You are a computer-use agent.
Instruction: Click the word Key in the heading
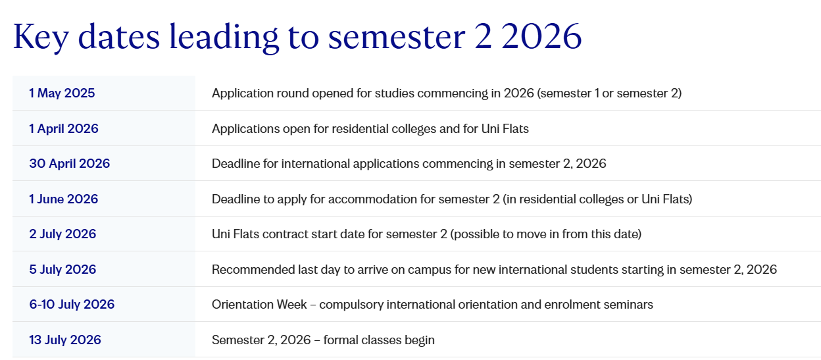[x=41, y=38]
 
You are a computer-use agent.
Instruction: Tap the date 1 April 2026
[x=64, y=129]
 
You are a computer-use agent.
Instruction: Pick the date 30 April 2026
[x=70, y=163]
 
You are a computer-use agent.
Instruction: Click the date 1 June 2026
[x=64, y=199]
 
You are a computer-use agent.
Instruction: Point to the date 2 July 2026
[x=62, y=234]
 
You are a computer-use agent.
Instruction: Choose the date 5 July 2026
[x=62, y=269]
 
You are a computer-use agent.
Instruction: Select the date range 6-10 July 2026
[x=72, y=304]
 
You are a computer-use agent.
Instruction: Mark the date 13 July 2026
[x=65, y=340]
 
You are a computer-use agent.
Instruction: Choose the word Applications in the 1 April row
[x=246, y=130]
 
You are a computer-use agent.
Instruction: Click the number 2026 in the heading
[x=541, y=37]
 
